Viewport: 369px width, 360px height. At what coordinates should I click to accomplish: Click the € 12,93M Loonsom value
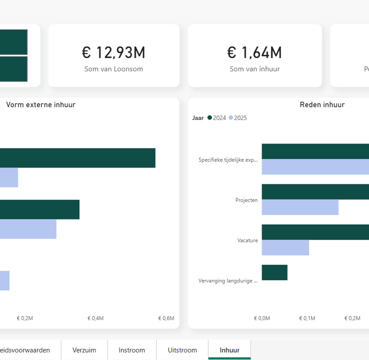tap(113, 52)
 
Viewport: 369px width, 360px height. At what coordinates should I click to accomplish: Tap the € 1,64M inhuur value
tap(254, 52)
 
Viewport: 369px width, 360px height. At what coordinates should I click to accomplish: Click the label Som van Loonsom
tap(113, 69)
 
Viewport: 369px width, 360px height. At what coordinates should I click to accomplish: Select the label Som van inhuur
tap(254, 69)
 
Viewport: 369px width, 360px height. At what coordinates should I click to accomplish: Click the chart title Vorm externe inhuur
tap(41, 105)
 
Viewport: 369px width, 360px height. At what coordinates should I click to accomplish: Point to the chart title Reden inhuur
tap(322, 105)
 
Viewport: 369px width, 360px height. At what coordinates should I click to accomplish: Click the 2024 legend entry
tap(217, 118)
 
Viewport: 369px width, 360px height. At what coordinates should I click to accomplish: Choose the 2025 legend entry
tap(238, 118)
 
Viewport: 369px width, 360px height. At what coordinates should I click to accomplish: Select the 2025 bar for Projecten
tap(300, 207)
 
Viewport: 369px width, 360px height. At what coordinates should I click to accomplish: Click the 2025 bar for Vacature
tap(285, 248)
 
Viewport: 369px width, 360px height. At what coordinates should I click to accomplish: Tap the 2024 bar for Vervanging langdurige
tap(274, 273)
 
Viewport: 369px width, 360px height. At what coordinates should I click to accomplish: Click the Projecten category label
tap(246, 200)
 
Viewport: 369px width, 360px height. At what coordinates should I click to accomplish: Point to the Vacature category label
tap(247, 240)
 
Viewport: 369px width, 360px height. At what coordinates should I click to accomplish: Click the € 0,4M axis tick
tap(95, 318)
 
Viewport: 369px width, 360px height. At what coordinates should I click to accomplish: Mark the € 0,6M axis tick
tap(166, 318)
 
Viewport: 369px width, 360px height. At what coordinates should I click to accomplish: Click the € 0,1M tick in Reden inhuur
tap(307, 318)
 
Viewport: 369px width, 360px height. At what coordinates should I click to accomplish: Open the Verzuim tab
tap(84, 350)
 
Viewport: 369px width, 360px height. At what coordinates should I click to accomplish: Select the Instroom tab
tap(132, 350)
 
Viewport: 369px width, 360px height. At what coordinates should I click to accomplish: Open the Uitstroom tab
tap(182, 350)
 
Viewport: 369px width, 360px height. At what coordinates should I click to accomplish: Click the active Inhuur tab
tap(229, 350)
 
